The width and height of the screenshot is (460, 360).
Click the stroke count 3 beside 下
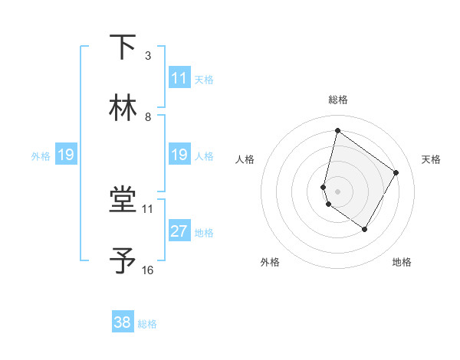(147, 55)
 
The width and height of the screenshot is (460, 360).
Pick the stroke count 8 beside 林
(147, 116)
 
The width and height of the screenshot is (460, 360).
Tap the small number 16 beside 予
(148, 270)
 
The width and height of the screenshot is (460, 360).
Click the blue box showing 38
(123, 322)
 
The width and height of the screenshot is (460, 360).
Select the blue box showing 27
(179, 231)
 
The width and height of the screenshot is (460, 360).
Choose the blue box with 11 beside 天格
(179, 78)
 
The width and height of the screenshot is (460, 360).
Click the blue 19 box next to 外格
(66, 155)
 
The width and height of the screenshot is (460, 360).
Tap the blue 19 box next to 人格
(179, 155)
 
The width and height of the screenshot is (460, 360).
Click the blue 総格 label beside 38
(147, 324)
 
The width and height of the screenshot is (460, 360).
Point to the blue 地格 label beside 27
(204, 233)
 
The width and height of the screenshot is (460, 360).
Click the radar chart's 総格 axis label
(338, 100)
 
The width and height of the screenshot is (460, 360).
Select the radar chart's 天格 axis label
(431, 159)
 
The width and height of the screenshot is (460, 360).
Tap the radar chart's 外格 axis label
(270, 263)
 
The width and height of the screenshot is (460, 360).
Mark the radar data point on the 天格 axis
(396, 172)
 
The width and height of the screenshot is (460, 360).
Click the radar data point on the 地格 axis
(365, 229)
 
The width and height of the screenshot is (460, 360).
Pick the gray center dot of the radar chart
(338, 191)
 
